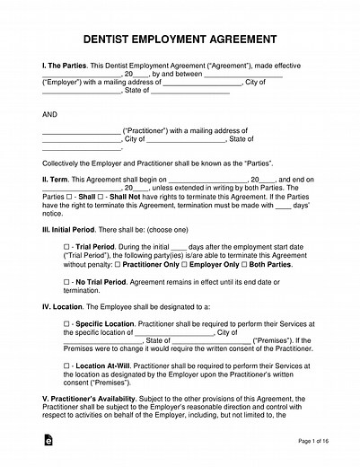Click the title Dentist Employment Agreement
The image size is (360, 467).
180,40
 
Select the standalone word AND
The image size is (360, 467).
51,115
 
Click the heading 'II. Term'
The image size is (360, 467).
58,180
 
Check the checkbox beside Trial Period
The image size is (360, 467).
66,246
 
